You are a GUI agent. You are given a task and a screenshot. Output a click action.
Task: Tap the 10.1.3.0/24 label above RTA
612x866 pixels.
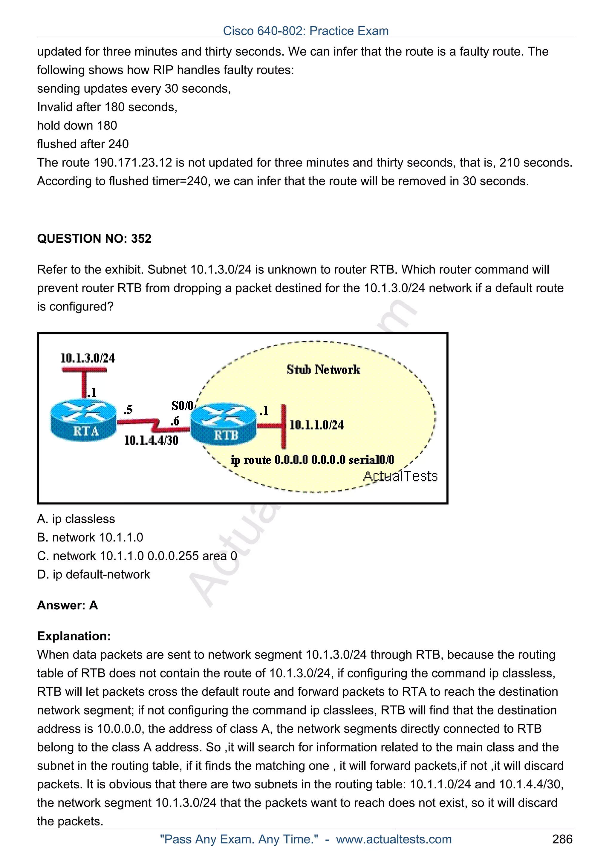coord(88,358)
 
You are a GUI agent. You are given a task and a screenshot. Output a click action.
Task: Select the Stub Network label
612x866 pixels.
coord(323,369)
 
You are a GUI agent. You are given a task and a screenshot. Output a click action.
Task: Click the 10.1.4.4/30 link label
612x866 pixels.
coord(151,440)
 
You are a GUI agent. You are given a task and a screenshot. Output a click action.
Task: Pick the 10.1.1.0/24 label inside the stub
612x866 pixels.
coord(317,425)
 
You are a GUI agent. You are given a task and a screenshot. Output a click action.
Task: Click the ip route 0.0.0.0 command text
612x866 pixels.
coord(312,459)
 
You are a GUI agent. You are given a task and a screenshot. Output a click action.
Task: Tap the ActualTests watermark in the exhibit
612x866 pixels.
coord(400,476)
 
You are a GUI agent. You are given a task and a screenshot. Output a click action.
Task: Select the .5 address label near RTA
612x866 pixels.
coord(128,410)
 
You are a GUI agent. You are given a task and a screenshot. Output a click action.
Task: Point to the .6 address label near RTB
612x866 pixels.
coord(174,421)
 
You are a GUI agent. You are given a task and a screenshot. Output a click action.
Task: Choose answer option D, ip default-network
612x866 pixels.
coord(94,574)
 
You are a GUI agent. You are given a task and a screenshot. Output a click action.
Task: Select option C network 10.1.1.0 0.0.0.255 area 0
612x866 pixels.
coord(137,556)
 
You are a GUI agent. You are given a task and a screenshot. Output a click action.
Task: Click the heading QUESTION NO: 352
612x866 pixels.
coord(94,238)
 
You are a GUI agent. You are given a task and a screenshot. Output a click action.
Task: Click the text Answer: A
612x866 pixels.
coord(68,605)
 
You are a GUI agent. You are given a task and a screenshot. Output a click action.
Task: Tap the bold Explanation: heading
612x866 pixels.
coord(74,636)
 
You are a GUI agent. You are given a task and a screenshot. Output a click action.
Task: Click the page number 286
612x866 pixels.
coord(562,839)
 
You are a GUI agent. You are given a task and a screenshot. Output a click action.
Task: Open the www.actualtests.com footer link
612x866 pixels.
coord(394,839)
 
